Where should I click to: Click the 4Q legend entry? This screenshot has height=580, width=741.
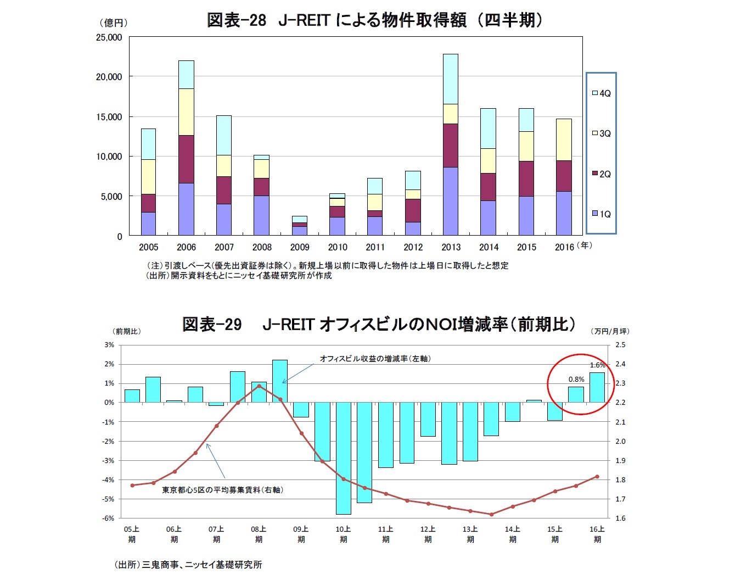click(x=602, y=93)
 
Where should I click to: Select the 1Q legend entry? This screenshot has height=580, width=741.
click(x=602, y=214)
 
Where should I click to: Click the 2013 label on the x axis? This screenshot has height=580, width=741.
click(x=451, y=247)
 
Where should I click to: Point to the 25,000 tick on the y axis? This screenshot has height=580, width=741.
click(x=109, y=37)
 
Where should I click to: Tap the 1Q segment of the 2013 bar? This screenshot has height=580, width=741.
click(x=451, y=201)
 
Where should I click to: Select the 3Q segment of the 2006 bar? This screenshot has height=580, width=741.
click(x=186, y=112)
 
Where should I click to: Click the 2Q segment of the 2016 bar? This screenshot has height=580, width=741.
click(x=564, y=176)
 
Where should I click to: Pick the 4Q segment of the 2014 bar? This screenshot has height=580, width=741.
click(x=488, y=129)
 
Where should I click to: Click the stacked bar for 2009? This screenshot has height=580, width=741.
click(x=300, y=226)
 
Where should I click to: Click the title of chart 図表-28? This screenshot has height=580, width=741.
click(x=374, y=20)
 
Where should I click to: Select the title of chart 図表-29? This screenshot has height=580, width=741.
click(x=379, y=325)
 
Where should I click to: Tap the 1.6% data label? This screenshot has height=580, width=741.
click(x=597, y=365)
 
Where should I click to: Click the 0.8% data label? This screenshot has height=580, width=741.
click(x=576, y=380)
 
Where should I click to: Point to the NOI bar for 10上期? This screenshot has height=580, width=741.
click(x=344, y=458)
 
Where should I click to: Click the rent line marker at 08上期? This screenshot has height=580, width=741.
click(x=259, y=386)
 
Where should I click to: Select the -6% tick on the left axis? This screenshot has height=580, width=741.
click(x=109, y=518)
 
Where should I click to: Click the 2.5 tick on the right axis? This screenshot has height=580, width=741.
click(x=620, y=345)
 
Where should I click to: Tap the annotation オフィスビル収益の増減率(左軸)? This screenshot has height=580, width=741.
click(x=375, y=359)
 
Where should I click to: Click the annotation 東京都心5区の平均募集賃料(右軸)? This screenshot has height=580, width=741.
click(x=222, y=490)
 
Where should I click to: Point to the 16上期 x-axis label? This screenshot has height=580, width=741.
click(x=597, y=534)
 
